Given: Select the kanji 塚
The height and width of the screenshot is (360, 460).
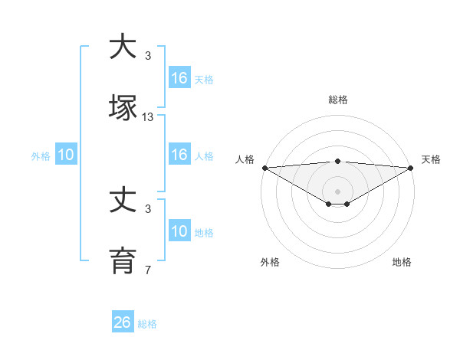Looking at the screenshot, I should (123, 106).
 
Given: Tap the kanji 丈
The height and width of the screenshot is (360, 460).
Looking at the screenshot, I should (123, 201).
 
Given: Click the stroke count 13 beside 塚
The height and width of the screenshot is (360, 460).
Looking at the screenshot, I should (148, 117).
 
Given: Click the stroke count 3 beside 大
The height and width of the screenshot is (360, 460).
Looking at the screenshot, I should (148, 56).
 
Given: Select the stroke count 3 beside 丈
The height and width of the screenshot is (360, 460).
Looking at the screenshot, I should (148, 208).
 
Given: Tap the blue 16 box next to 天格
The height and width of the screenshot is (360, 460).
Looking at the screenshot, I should (179, 78).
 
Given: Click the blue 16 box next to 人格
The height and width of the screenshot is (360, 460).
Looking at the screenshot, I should (179, 155).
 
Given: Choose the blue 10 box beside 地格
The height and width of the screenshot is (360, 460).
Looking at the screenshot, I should (179, 232).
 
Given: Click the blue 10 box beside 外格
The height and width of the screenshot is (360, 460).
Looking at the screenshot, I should (66, 155).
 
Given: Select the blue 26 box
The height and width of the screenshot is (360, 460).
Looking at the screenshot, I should (123, 322).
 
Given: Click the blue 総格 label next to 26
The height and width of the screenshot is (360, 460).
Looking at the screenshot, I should (147, 324).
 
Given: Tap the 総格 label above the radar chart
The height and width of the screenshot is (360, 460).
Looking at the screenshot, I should (338, 100).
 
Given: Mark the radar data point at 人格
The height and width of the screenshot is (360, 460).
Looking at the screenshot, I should (264, 168).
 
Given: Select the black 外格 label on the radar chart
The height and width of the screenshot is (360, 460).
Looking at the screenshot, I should (270, 262).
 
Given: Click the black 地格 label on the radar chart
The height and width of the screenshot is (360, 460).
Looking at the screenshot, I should (402, 262).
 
